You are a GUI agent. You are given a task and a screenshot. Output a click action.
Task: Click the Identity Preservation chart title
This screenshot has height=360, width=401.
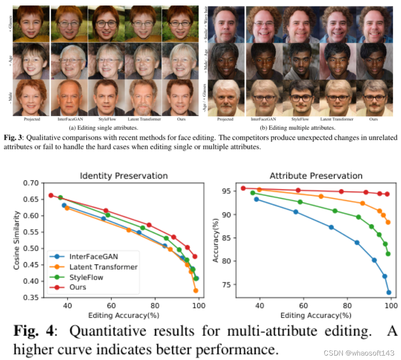[123, 176]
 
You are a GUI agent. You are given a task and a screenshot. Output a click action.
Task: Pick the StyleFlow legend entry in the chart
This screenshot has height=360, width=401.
[86, 277]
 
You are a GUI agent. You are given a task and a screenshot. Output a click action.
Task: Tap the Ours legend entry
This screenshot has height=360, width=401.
[78, 287]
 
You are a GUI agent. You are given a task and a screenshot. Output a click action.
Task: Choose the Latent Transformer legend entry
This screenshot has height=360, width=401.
[103, 267]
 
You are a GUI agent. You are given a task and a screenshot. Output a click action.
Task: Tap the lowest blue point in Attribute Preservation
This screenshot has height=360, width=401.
[389, 292]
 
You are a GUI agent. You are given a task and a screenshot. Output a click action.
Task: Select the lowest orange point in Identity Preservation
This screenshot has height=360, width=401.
[195, 291]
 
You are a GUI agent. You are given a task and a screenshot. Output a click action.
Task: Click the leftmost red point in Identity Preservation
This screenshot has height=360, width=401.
[51, 195]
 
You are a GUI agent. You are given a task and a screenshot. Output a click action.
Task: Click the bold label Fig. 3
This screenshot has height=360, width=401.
[11, 138]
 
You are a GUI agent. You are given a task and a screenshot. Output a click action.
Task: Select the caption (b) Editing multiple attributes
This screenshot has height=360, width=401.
[297, 128]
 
